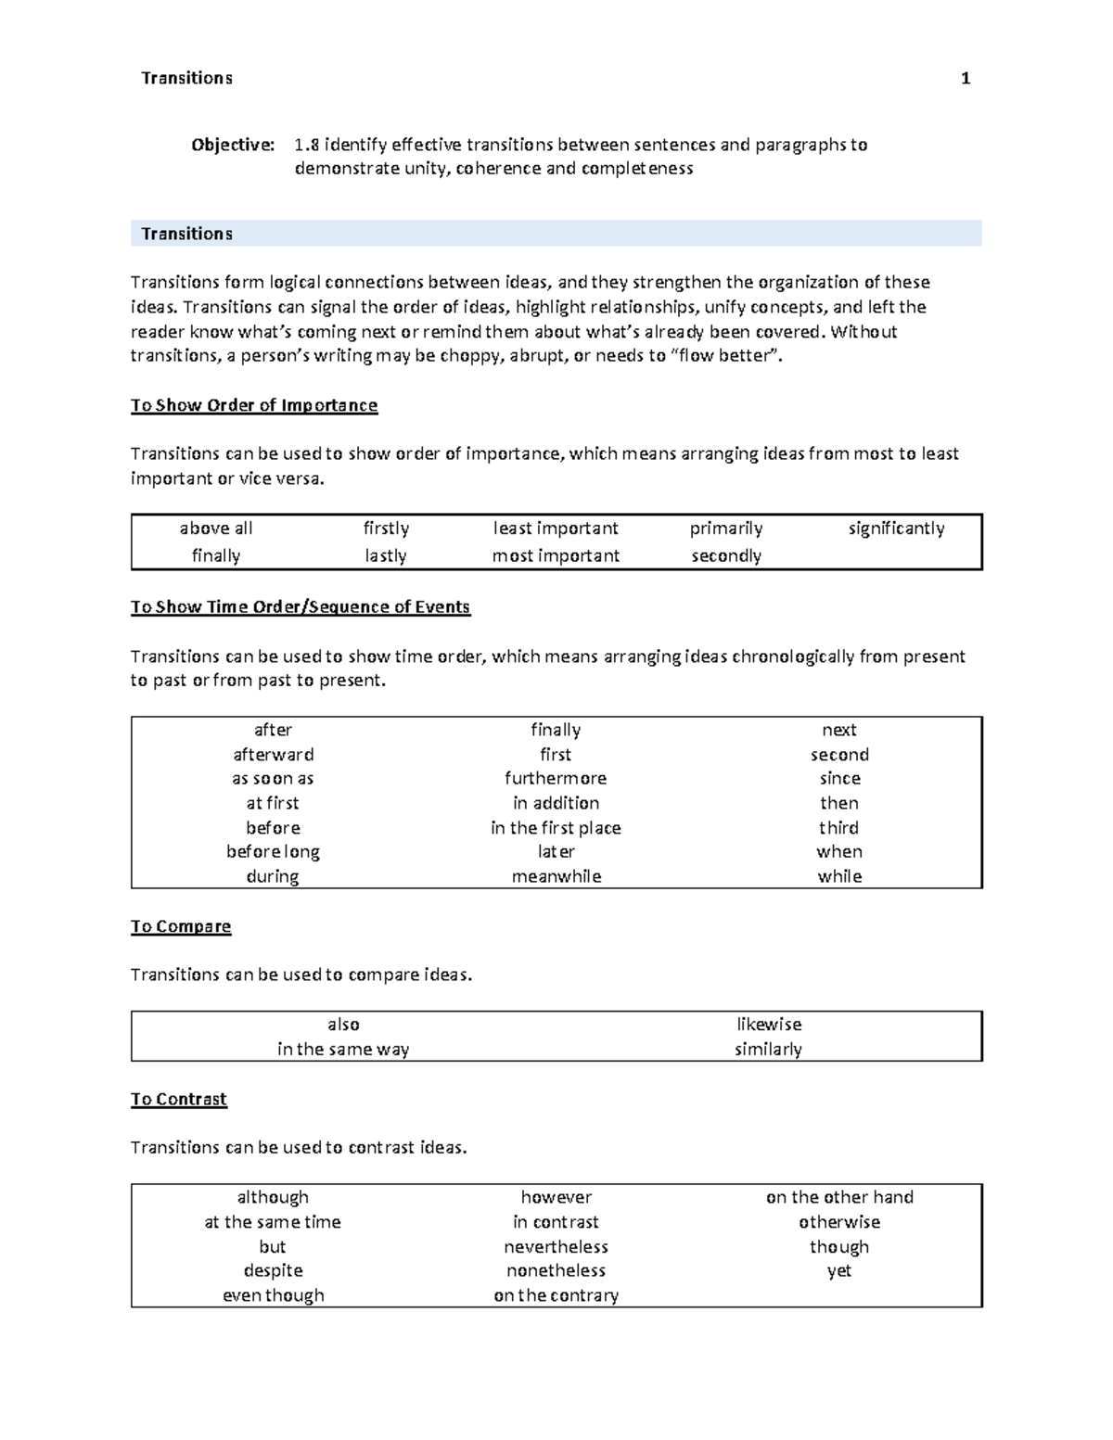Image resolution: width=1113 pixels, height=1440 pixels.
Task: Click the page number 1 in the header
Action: [x=966, y=79]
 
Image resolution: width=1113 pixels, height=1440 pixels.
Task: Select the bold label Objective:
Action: [x=233, y=145]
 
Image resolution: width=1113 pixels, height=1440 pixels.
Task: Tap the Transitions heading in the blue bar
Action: [x=186, y=234]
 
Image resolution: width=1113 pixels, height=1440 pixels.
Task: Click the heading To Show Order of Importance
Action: [x=254, y=405]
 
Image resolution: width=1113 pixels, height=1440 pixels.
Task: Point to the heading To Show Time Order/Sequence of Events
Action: [x=301, y=606]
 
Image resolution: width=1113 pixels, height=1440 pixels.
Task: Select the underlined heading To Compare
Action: [x=181, y=926]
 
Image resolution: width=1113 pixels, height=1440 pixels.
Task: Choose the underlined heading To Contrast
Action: [x=179, y=1099]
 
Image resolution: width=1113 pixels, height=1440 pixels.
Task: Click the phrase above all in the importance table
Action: [x=216, y=529]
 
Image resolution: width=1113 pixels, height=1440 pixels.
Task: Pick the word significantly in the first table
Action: [x=896, y=529]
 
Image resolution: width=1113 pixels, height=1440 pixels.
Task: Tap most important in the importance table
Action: [x=556, y=555]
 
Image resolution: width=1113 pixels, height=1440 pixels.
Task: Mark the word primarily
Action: [x=726, y=529]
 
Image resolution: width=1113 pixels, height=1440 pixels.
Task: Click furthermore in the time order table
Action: [x=556, y=779]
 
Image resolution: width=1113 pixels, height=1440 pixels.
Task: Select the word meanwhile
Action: [x=556, y=876]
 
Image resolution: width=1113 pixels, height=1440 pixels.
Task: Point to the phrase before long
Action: [x=273, y=851]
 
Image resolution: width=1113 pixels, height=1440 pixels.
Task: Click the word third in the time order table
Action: [x=838, y=827]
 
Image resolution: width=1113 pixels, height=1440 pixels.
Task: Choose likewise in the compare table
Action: [x=768, y=1025]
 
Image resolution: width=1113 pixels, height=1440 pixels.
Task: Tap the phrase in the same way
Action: [x=343, y=1050]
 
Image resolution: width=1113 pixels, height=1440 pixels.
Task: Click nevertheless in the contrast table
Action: [x=556, y=1247]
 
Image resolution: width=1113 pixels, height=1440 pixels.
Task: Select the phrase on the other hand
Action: [x=839, y=1197]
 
